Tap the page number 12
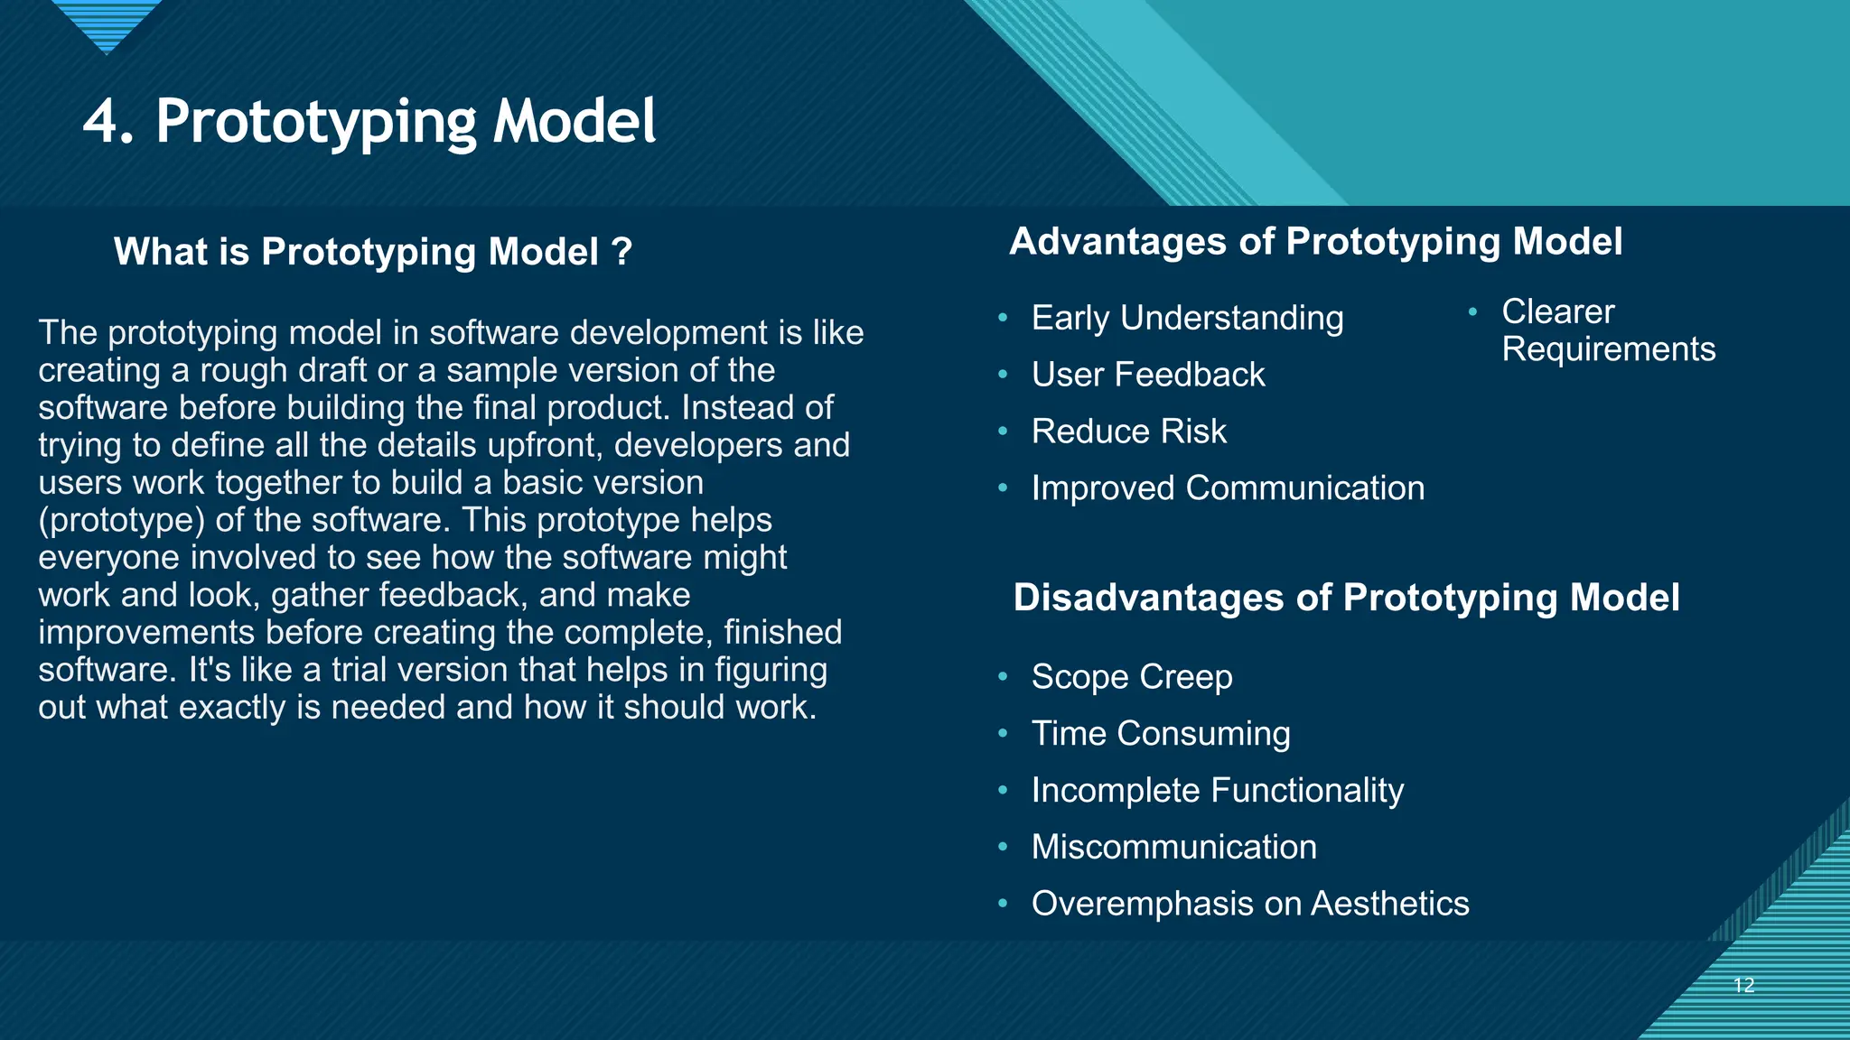tap(1743, 985)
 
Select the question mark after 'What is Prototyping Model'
tap(621, 252)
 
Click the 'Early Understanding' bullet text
tap(1187, 318)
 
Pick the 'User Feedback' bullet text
tap(1147, 375)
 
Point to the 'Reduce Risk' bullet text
tap(1128, 432)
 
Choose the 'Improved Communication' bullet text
tap(1228, 488)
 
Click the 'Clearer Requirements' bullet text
tap(1607, 330)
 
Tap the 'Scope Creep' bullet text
tap(1131, 677)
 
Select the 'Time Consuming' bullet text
tap(1160, 734)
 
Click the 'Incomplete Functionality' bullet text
tap(1217, 791)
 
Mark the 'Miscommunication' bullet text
tap(1173, 848)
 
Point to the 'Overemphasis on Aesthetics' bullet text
tap(1249, 904)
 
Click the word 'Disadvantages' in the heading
tap(1148, 599)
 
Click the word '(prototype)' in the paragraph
tap(121, 521)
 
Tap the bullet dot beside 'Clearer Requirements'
tap(1472, 311)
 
